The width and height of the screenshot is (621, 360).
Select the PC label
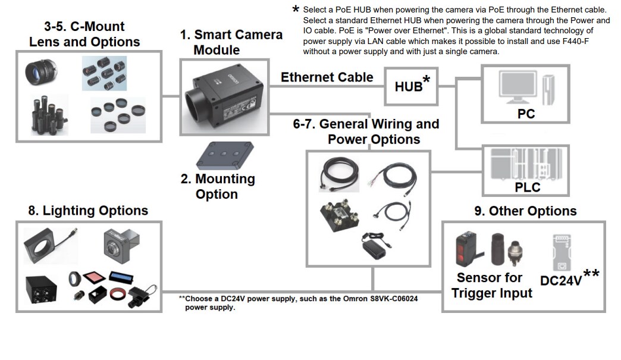point(526,113)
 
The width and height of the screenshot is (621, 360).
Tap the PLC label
point(527,187)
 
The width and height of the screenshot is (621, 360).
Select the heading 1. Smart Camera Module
point(231,42)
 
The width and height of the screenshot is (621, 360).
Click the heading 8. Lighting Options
point(88,211)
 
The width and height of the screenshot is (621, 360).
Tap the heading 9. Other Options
point(525,211)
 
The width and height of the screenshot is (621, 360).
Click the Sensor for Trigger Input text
point(491,285)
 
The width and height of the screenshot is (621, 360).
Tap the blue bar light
point(123,277)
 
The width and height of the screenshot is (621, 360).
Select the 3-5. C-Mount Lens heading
point(84,34)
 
